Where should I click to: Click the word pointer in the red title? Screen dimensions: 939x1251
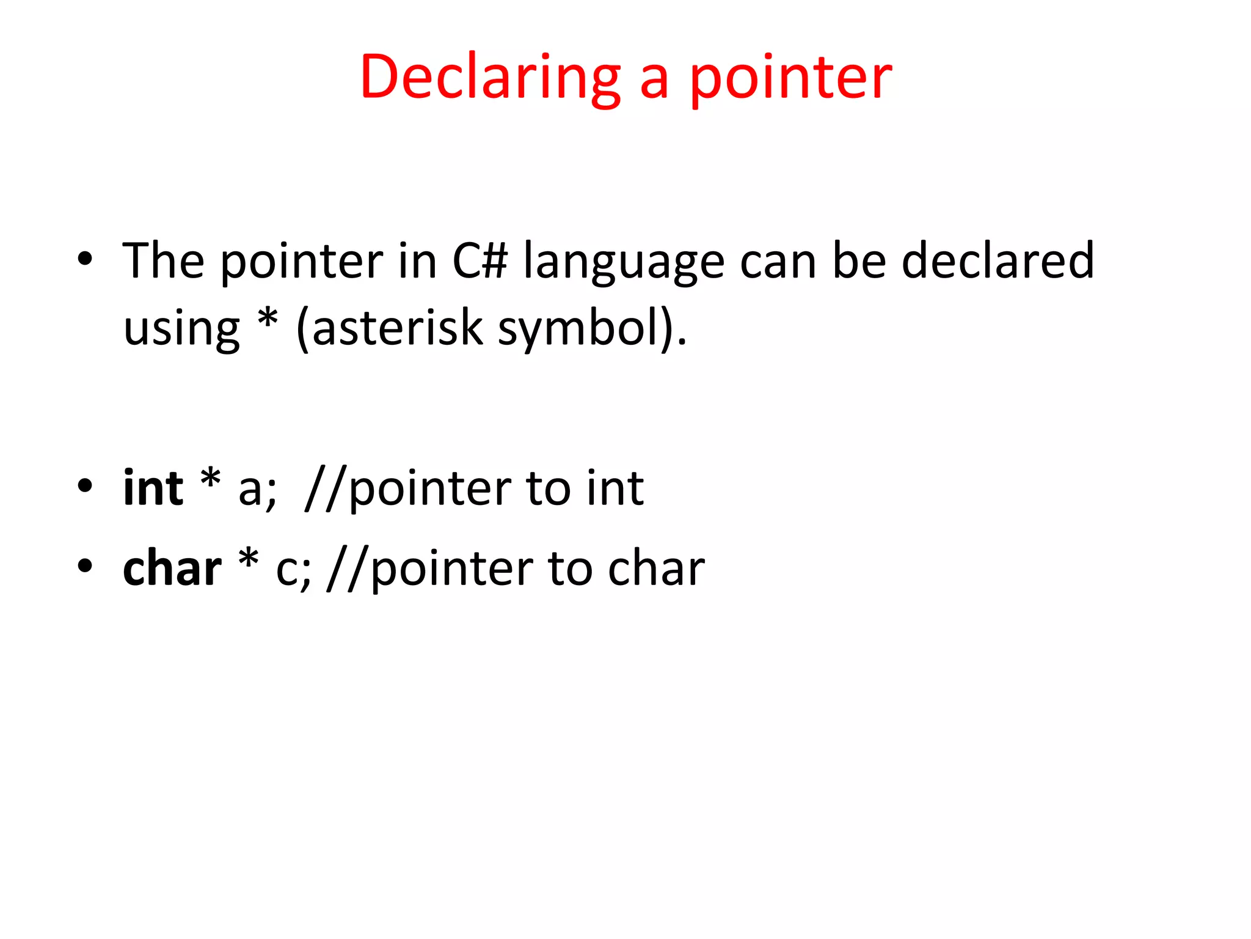coord(790,78)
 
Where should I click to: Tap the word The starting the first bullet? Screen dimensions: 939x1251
coord(163,261)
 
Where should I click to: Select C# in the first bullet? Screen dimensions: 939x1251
coord(480,261)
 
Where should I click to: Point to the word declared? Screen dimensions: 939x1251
coord(998,261)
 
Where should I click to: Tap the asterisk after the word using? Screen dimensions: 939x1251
coord(268,319)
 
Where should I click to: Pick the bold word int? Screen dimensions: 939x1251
coord(153,488)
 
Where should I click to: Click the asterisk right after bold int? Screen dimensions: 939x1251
coord(210,479)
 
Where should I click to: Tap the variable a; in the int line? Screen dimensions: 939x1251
coord(257,490)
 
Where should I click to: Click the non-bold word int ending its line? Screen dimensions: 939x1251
coord(615,488)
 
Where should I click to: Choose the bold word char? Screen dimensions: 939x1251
coord(172,569)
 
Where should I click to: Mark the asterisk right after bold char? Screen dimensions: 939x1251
coord(249,559)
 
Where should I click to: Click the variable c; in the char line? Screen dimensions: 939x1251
coord(293,570)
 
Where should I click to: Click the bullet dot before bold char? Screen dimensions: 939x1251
coord(85,565)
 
